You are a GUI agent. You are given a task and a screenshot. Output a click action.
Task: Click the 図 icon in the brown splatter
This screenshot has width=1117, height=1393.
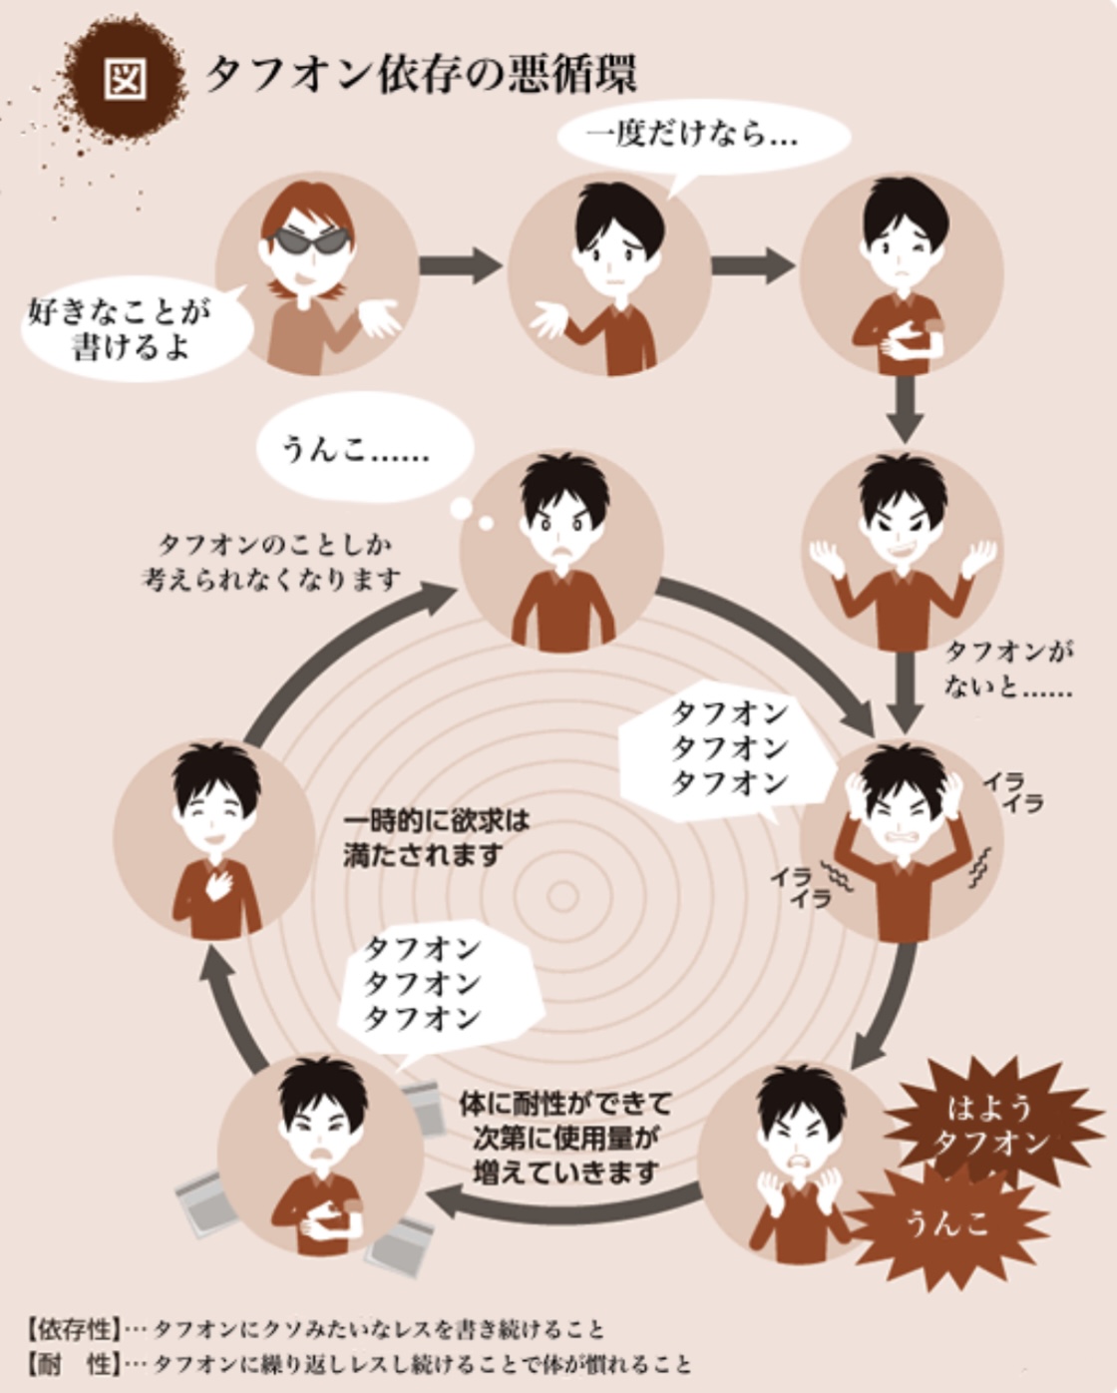tap(125, 80)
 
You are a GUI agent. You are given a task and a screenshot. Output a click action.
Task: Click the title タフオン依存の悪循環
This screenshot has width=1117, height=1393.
tap(421, 76)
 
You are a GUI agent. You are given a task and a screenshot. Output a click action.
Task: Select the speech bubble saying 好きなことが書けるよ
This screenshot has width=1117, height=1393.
tap(135, 329)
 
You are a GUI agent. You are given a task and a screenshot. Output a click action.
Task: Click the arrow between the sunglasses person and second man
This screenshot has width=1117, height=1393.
tap(460, 264)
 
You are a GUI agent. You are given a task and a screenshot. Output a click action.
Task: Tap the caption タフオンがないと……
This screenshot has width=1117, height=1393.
tap(1007, 668)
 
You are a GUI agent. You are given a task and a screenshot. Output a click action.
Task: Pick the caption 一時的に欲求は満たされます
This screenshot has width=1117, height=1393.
tap(436, 839)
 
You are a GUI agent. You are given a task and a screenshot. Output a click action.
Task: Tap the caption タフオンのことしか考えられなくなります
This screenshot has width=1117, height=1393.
tap(270, 562)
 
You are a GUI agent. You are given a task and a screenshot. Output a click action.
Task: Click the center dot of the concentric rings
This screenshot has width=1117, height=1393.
tap(562, 897)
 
